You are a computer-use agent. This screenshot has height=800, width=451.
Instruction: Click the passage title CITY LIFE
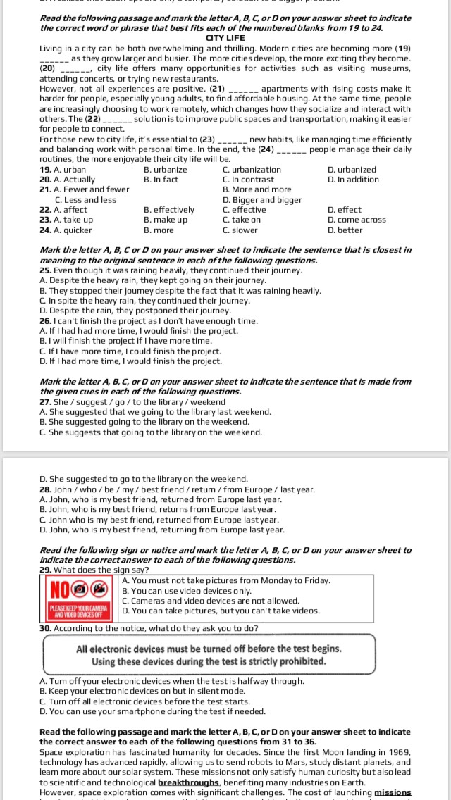[225, 37]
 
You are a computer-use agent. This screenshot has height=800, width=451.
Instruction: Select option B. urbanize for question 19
[166, 170]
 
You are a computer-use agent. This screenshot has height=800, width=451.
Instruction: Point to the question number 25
[46, 270]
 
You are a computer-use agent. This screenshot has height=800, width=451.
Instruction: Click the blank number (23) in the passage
[208, 139]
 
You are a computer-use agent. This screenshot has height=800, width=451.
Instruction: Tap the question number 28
[46, 489]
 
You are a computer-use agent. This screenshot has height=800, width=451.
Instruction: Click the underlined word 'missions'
[393, 792]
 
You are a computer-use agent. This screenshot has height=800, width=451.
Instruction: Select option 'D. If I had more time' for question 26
[130, 361]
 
